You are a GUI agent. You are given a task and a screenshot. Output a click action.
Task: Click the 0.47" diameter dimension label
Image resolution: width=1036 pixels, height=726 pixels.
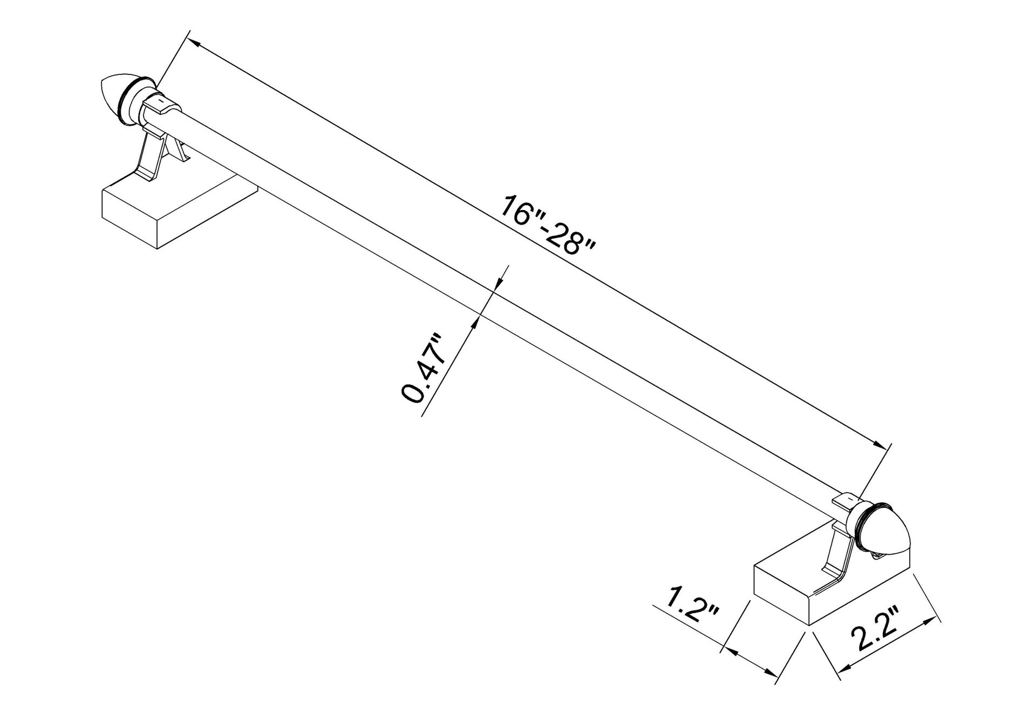[424, 369]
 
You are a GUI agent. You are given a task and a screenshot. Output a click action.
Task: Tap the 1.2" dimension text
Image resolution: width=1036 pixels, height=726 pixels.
[693, 607]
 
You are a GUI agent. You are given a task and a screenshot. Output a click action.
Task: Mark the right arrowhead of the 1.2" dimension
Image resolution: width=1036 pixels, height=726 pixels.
[772, 673]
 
